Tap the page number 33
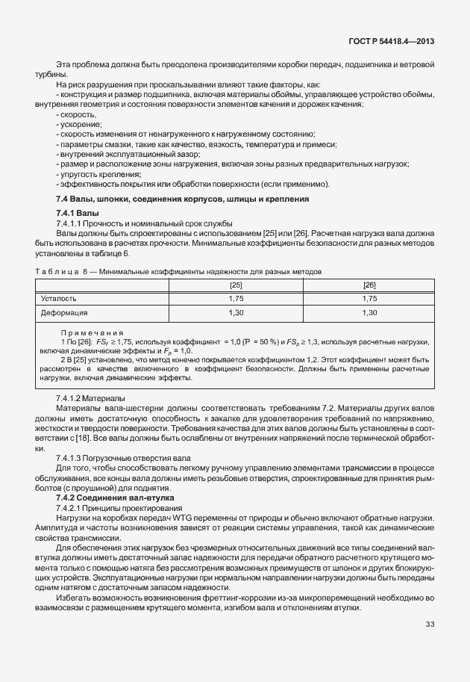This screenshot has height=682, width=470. pyautogui.click(x=430, y=624)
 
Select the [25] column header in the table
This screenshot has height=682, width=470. pyautogui.click(x=236, y=285)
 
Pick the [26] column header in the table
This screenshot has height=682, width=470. pyautogui.click(x=369, y=285)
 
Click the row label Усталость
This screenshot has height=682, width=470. pyautogui.click(x=59, y=299)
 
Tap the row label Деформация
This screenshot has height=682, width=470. pyautogui.click(x=64, y=312)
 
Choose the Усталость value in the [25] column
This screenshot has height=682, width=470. pyautogui.click(x=236, y=299)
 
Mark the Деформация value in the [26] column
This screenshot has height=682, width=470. pyautogui.click(x=369, y=312)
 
